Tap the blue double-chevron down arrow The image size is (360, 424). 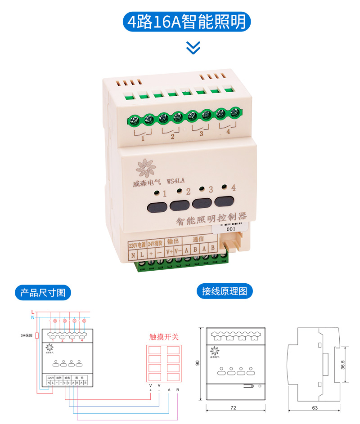pyautogui.click(x=193, y=47)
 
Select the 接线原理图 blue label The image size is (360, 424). pyautogui.click(x=225, y=291)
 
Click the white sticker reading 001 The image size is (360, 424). pyautogui.click(x=231, y=228)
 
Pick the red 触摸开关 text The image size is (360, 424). pyautogui.click(x=164, y=337)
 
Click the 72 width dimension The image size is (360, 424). pyautogui.click(x=233, y=408)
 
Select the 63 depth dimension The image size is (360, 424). pyautogui.click(x=314, y=408)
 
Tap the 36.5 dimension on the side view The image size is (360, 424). pyautogui.click(x=343, y=364)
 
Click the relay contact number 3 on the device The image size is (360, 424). pyautogui.click(x=201, y=134)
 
